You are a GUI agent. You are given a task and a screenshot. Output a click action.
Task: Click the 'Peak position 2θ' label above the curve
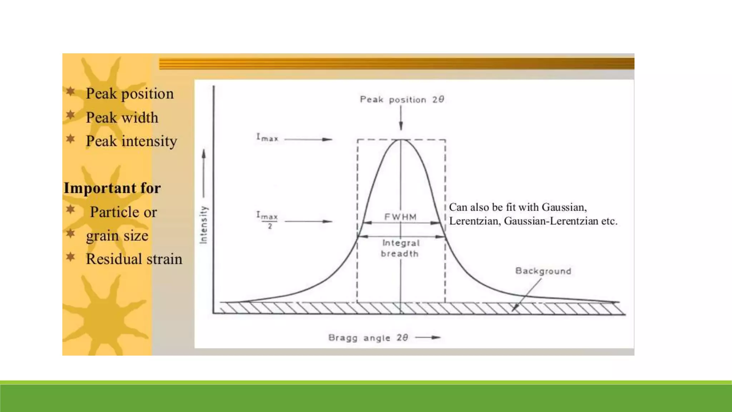pyautogui.click(x=402, y=99)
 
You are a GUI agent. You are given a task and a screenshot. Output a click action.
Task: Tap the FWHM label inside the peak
pyautogui.click(x=400, y=217)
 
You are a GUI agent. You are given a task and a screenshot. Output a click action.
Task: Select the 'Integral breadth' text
pyautogui.click(x=400, y=248)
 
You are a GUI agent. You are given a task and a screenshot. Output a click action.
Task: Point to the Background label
pyautogui.click(x=543, y=271)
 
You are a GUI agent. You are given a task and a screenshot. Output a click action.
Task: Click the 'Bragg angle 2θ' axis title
pyautogui.click(x=368, y=338)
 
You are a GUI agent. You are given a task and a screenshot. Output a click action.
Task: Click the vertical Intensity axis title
pyautogui.click(x=203, y=225)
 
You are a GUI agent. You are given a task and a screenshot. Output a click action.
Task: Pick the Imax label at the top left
pyautogui.click(x=267, y=138)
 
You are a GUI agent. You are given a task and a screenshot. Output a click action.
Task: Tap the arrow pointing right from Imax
pyautogui.click(x=308, y=139)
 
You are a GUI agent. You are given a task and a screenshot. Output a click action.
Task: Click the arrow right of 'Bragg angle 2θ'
pyautogui.click(x=428, y=337)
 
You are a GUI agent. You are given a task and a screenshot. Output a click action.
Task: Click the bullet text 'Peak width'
pyautogui.click(x=122, y=118)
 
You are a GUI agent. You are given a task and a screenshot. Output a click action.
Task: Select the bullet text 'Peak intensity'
pyautogui.click(x=131, y=141)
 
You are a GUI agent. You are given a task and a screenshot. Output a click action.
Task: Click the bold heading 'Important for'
pyautogui.click(x=112, y=188)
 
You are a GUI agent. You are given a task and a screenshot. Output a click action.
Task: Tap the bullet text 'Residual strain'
pyautogui.click(x=134, y=259)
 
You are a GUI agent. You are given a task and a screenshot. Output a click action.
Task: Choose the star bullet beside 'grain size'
pyautogui.click(x=70, y=234)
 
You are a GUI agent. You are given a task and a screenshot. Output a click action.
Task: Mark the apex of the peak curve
pyautogui.click(x=401, y=139)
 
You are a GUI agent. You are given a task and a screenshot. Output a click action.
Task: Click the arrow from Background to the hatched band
pyautogui.click(x=527, y=295)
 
